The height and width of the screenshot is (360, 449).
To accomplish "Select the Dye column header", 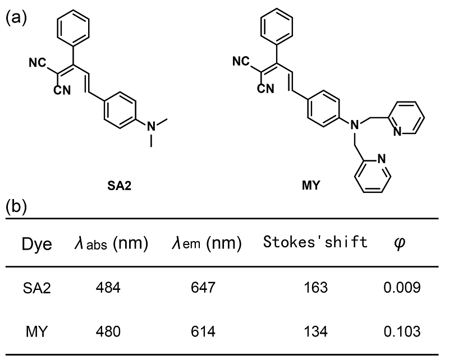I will (36, 243).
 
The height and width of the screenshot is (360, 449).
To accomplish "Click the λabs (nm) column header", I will (111, 243).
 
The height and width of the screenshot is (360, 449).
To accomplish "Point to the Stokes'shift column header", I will (315, 243).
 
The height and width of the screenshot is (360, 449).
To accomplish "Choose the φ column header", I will (400, 244).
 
